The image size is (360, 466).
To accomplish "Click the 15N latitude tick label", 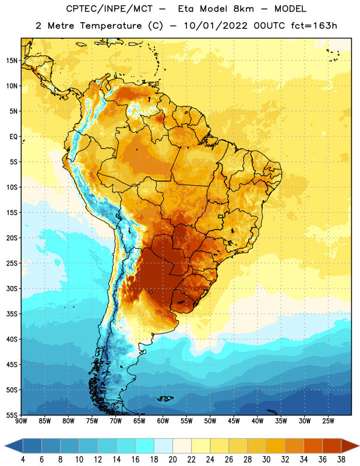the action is [x=12, y=61].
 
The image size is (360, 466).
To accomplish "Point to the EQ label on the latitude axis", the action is [x=13, y=137].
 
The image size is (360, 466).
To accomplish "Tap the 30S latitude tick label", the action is [x=12, y=288].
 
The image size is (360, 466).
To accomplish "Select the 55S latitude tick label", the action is [x=12, y=415].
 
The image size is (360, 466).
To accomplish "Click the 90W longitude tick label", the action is [x=21, y=421].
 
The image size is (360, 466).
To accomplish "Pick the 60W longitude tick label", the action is [x=163, y=421].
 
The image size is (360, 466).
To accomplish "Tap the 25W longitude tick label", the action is [x=328, y=421].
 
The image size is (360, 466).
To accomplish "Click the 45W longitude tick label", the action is [x=234, y=421].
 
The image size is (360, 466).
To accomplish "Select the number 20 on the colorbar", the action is [x=172, y=460].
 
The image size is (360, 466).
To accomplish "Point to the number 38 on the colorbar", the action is [x=341, y=460].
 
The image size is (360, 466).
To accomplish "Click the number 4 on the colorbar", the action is [x=23, y=460].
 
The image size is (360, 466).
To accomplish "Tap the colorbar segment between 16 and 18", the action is [x=145, y=446].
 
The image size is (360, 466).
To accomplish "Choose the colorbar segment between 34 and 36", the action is [x=313, y=446].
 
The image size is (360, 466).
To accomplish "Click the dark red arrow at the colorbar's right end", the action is [x=350, y=446].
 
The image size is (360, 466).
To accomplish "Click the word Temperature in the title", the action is [x=111, y=26].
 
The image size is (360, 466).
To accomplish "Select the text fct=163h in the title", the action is [x=314, y=26].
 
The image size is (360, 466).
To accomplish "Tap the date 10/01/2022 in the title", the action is [x=215, y=26].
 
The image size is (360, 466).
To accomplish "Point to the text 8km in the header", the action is [x=243, y=9].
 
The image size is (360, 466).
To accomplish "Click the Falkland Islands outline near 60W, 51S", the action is [x=165, y=398].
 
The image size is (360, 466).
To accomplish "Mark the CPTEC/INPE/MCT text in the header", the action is [x=110, y=9].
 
